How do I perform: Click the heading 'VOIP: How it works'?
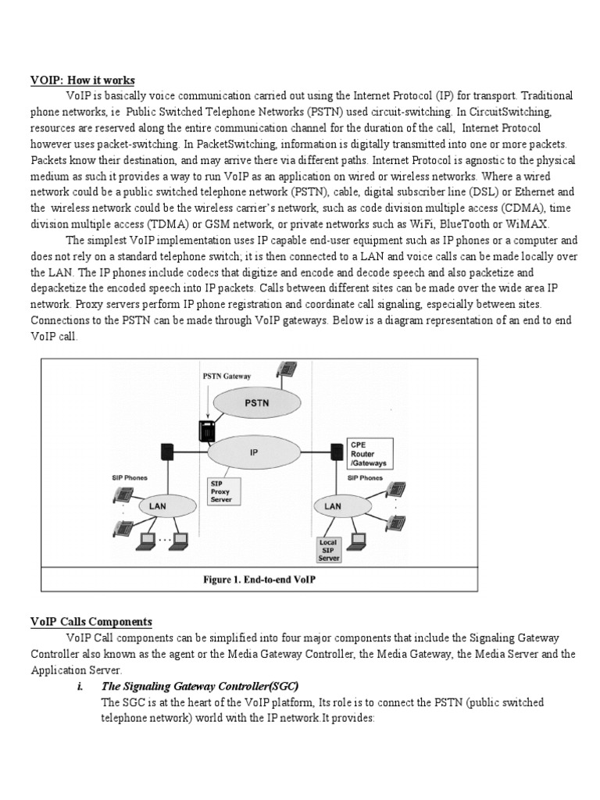click(x=83, y=80)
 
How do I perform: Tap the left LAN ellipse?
click(x=157, y=505)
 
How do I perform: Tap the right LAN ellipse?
click(x=332, y=505)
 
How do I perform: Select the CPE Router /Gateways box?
click(x=371, y=453)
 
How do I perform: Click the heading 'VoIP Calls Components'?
click(x=91, y=622)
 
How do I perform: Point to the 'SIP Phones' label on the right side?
click(x=365, y=477)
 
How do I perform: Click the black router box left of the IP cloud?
click(x=166, y=452)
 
